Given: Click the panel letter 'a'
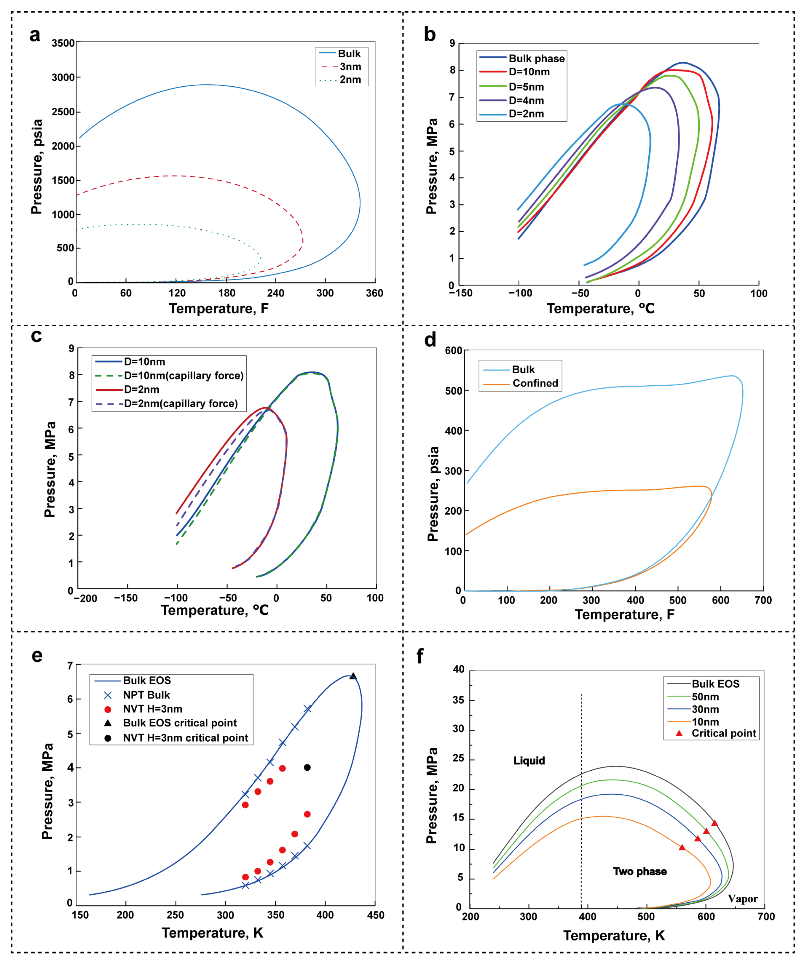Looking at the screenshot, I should [x=35, y=35].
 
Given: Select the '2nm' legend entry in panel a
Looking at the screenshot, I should [x=350, y=80].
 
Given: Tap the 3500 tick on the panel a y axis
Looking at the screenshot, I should [x=63, y=43].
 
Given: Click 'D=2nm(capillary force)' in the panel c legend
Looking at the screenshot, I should [x=181, y=403].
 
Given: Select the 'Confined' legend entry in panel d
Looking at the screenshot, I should [x=535, y=383].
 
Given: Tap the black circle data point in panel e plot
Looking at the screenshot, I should [x=307, y=768].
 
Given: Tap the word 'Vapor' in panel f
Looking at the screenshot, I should [x=742, y=898].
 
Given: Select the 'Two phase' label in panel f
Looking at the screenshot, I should [x=640, y=871].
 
